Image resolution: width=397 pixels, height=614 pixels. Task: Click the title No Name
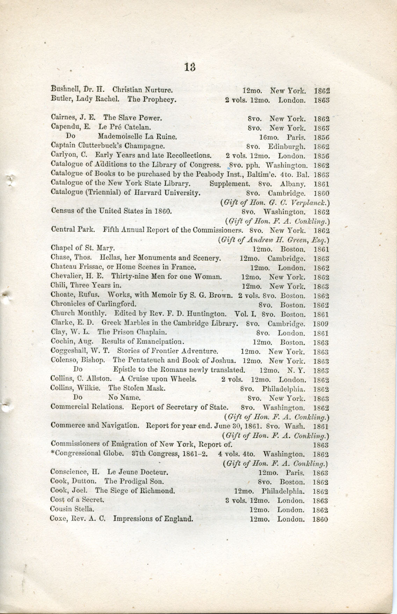coord(124,397)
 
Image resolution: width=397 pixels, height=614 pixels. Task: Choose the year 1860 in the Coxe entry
coord(320,519)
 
